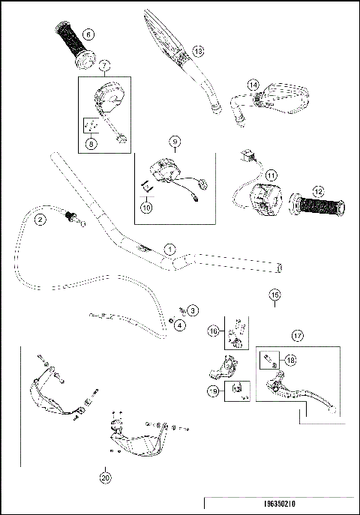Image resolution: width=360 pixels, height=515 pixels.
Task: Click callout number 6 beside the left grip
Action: [x=89, y=33]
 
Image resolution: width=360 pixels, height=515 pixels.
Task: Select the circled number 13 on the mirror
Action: [x=197, y=50]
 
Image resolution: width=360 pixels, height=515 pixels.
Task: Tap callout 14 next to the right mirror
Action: [x=253, y=85]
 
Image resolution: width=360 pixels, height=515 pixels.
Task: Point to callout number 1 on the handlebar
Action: [x=170, y=248]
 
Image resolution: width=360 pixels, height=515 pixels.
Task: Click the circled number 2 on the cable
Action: [x=40, y=220]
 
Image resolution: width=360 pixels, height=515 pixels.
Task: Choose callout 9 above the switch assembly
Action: [x=174, y=141]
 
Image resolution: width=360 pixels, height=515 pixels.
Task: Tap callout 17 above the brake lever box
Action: [x=298, y=337]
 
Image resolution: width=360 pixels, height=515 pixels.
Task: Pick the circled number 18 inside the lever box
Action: [x=290, y=360]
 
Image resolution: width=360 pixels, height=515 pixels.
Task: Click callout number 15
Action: [x=274, y=295]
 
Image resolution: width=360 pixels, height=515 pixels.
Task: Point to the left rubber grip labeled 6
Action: [x=70, y=44]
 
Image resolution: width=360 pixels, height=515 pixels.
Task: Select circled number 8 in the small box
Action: [x=91, y=145]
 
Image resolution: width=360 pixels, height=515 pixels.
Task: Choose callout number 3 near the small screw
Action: [x=193, y=309]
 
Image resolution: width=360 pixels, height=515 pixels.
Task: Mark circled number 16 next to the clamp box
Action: [x=213, y=330]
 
